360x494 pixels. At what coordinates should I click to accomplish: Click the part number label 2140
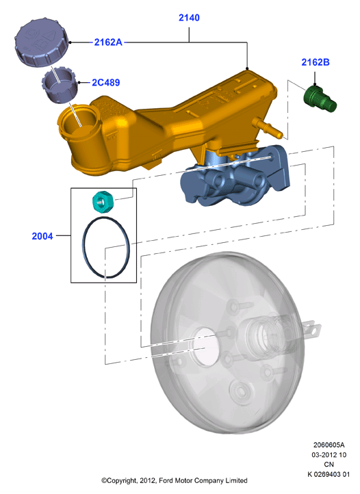click(x=189, y=18)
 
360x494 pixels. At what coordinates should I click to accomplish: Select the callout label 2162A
click(x=108, y=42)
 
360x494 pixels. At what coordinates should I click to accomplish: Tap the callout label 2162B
click(x=316, y=62)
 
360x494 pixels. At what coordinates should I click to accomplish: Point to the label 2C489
click(x=105, y=83)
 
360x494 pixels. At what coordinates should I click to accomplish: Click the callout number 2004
click(x=42, y=236)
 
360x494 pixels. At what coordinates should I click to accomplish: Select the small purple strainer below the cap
click(x=60, y=85)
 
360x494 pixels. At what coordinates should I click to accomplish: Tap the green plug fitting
click(x=320, y=99)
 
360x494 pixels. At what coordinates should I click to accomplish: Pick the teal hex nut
click(x=103, y=203)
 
